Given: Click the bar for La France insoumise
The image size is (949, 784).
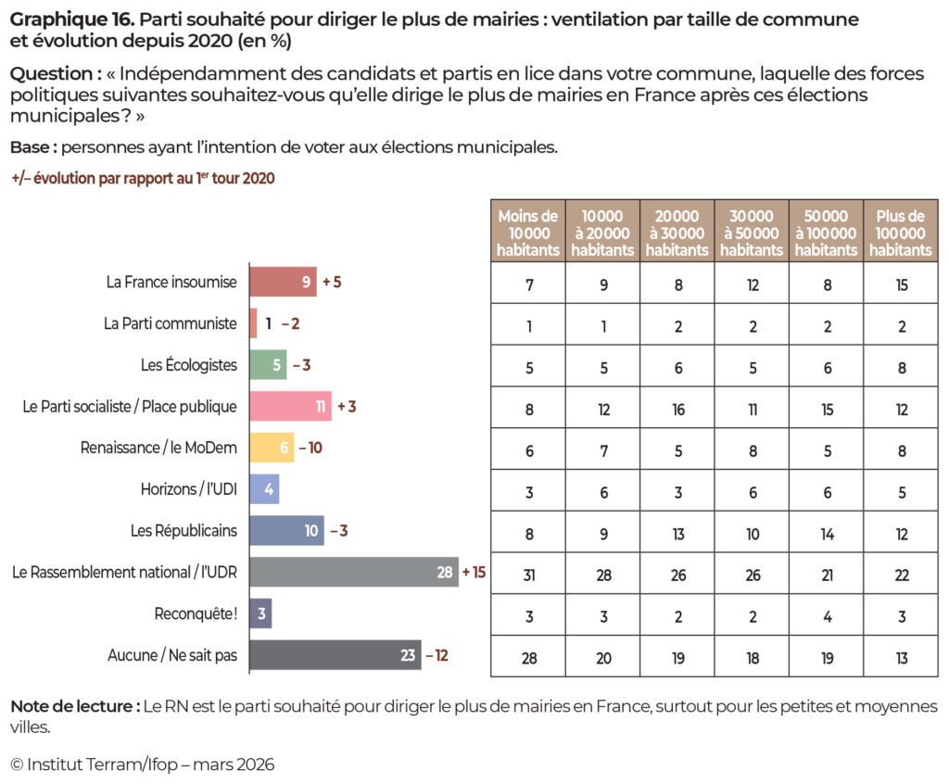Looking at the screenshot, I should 283,282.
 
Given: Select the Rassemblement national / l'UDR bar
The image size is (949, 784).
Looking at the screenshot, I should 353,573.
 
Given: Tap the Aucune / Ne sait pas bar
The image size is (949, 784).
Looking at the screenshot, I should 335,655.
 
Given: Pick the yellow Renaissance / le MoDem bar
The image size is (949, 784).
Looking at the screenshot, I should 272,448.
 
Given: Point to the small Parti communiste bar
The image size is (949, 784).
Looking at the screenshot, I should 253,323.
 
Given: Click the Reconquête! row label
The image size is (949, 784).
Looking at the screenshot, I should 196,614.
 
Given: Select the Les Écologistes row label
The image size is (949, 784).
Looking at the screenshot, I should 189,365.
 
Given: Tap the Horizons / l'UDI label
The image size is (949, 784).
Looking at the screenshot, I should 189,489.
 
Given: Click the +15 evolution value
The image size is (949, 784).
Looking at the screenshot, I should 474,573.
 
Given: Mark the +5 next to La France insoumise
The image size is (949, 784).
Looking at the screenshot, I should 332,282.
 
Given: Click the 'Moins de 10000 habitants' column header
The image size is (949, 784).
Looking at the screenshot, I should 528,233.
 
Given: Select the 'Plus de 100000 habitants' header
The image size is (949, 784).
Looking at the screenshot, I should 900,233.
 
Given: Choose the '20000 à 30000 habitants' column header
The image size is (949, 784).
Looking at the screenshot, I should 677,233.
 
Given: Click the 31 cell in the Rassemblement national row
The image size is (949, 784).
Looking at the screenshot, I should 528,575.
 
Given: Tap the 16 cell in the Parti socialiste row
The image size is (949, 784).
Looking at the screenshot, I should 677,410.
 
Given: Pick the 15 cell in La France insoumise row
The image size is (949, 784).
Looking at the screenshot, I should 900,285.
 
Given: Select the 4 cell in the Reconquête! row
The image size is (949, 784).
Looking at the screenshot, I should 826,617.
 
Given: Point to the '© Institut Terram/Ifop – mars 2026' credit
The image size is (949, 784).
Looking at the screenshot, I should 143,765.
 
